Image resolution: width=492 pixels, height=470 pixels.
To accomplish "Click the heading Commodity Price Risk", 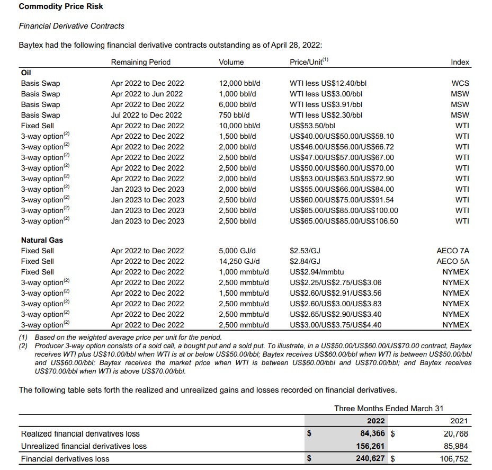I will pos(61,6).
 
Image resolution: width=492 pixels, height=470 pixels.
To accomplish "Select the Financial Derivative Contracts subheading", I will pos(71,25).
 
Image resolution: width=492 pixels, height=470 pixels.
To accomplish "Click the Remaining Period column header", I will pos(140,62).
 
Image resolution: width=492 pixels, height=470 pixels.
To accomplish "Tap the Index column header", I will pos(460,62).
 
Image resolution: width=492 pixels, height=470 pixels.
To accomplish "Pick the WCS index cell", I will pos(460,83).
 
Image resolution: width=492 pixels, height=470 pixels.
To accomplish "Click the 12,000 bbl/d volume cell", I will pos(239,83).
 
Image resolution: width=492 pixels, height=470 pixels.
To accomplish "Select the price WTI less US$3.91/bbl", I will pos(326,104).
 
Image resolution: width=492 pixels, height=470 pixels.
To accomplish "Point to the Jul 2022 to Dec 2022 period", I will pos(147,115).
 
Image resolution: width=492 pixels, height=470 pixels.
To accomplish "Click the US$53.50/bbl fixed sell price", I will pos(312,126).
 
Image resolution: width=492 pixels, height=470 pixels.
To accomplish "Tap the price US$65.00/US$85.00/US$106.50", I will pos(344,221).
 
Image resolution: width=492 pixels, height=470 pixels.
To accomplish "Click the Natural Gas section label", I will pos(42,240).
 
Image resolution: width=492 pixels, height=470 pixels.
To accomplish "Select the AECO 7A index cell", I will pos(453,251).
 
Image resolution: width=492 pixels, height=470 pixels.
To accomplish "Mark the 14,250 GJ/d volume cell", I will pos(239,261).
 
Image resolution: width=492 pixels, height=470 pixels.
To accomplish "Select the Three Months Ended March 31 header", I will pos(389,408).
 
